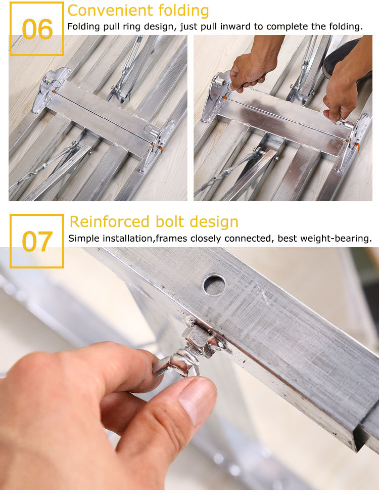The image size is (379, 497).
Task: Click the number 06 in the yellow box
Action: (37, 29)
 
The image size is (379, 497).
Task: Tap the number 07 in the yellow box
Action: (37, 241)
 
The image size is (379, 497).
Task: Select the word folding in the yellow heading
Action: (183, 11)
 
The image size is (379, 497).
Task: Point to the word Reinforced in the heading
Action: (109, 221)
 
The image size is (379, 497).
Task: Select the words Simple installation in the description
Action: (110, 238)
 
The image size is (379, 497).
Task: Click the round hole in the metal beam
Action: (214, 285)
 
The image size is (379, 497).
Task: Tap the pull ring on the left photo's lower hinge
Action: (148, 129)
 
